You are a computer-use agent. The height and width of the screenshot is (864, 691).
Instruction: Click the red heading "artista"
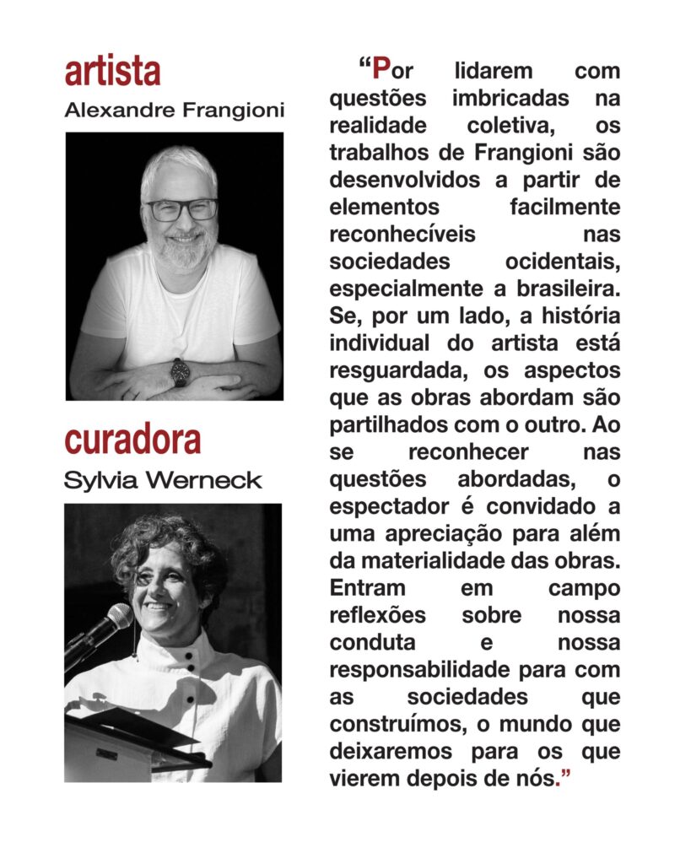pos(112,73)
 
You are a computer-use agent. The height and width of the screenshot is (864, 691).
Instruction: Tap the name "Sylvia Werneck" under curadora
pos(163,481)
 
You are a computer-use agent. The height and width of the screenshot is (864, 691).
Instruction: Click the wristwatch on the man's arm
pos(180,372)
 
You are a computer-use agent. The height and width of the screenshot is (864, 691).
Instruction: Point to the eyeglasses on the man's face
pos(181,208)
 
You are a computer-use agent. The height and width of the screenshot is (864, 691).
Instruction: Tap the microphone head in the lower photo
pos(117,617)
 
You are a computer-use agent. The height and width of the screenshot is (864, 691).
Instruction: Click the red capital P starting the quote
pos(381,68)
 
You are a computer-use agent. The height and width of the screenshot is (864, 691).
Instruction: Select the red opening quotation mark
pos(364,66)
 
